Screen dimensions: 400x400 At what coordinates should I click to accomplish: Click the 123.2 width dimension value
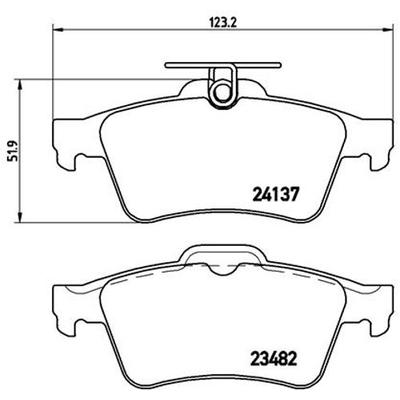pos(222,23)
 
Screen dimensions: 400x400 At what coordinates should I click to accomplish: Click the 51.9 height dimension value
pos(14,151)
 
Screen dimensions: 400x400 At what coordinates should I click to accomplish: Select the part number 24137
pos(275,194)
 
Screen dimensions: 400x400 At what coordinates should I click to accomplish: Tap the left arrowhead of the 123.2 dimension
pos(58,30)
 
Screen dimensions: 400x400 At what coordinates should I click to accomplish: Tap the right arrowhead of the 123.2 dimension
pos(387,30)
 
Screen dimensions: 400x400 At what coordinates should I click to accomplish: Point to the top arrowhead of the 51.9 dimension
pos(21,85)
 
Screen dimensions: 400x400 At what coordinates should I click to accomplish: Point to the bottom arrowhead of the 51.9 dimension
pos(21,218)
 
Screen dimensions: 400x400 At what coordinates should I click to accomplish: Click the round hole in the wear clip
pos(221,92)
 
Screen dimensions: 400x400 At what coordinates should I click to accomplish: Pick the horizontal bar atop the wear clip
pos(222,65)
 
